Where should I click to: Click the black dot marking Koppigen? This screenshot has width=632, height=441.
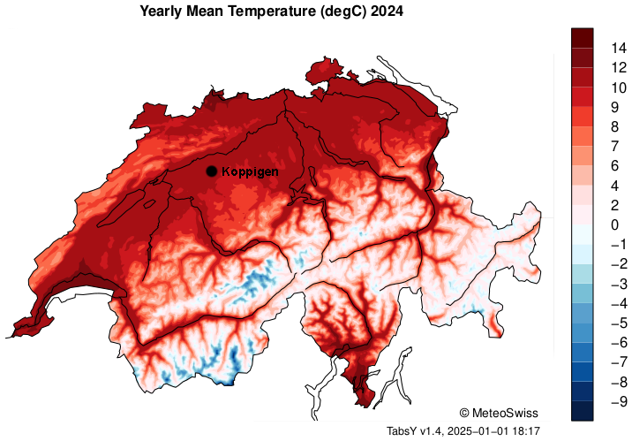(x=211, y=171)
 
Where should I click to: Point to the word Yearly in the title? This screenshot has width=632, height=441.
(x=163, y=11)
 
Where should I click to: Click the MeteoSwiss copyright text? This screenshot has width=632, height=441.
(x=499, y=413)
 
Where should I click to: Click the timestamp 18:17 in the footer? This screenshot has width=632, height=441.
(x=524, y=430)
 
